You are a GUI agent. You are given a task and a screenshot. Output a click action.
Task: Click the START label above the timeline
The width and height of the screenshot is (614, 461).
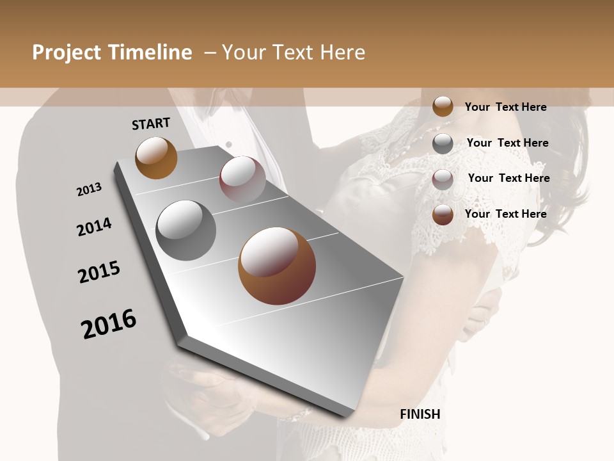point(151,124)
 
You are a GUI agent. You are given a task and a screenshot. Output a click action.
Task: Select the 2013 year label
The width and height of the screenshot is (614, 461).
point(89,190)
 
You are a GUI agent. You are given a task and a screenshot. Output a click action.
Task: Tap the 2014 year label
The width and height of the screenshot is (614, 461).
point(94,227)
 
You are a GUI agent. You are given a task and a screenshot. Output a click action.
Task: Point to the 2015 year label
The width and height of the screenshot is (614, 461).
point(99,272)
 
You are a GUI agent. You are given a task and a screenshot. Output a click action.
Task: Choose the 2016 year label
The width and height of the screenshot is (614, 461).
point(109,324)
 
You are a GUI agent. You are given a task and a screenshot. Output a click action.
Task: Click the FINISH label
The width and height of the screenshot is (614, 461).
point(420,414)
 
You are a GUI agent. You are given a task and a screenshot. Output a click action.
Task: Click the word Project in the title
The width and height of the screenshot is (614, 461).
point(67,53)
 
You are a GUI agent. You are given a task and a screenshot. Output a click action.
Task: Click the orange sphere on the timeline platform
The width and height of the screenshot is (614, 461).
point(156,158)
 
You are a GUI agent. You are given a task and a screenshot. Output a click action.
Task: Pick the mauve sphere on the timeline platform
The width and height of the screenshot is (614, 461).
point(242,179)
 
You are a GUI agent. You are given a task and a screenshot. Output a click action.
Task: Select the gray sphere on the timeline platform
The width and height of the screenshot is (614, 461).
point(186,230)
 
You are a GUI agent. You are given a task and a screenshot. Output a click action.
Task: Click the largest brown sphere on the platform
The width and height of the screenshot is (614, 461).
point(277,266)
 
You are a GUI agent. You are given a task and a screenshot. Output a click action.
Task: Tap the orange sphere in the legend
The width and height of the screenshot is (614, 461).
point(443,107)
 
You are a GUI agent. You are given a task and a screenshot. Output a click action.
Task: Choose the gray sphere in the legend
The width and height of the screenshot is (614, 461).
point(443,143)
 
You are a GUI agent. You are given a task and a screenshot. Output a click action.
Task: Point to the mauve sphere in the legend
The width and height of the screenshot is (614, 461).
point(443,179)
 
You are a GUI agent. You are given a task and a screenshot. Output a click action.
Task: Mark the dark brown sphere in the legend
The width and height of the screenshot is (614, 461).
point(443,214)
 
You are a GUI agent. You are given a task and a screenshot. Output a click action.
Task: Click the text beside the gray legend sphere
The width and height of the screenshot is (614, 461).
point(508,143)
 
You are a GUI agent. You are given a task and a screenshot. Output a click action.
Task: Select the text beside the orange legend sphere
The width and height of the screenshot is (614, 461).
point(506,107)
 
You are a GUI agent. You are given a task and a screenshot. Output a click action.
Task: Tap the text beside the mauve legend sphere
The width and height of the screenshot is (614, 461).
point(509,178)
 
